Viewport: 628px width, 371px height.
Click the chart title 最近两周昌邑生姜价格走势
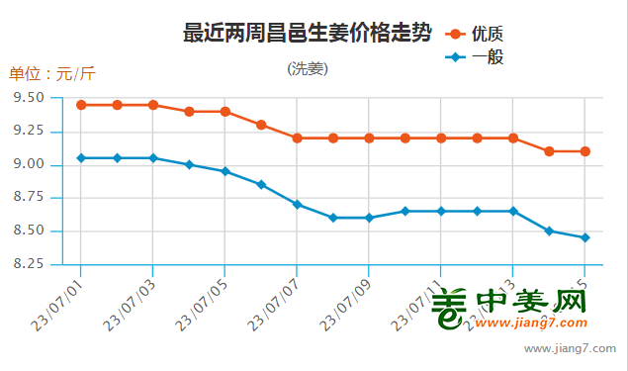click(308, 34)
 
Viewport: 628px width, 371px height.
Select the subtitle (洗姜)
click(308, 69)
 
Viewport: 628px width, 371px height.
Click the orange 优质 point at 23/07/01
click(81, 105)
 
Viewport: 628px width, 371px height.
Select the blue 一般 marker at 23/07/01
click(81, 157)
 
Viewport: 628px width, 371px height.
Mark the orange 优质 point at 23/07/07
click(297, 138)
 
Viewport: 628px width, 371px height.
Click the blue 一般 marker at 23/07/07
click(297, 204)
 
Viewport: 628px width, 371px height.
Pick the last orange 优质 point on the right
click(585, 151)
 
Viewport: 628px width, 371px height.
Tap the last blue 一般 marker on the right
click(585, 237)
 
